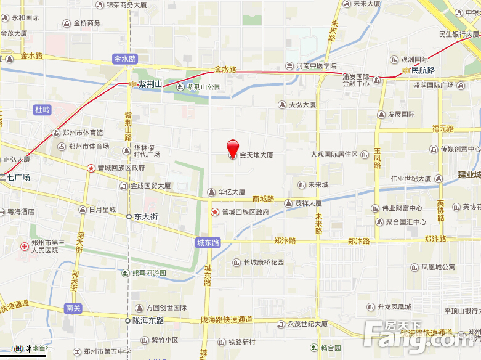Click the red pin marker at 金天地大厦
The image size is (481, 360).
point(233,149)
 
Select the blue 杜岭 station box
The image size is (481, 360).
point(42,110)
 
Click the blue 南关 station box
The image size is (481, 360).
point(73,307)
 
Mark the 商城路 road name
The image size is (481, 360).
point(263,198)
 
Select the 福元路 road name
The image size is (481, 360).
point(443,129)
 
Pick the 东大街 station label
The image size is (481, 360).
point(147,217)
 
